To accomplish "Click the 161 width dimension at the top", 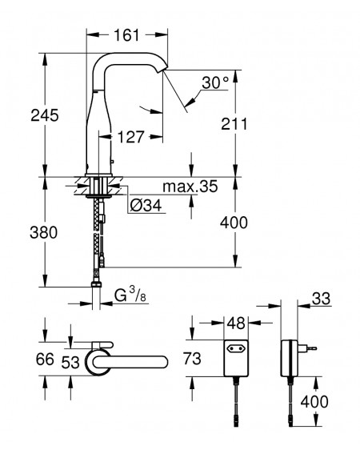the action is click(x=126, y=35).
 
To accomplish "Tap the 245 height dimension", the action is click(x=45, y=115).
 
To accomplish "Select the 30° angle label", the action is click(x=215, y=82).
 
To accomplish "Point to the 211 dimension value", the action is click(x=234, y=124).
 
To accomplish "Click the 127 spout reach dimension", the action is click(x=131, y=137).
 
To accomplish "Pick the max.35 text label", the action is click(x=190, y=187).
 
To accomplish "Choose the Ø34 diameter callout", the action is click(x=146, y=206).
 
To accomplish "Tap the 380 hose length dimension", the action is click(x=44, y=232).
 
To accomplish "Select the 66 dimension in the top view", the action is click(x=45, y=360).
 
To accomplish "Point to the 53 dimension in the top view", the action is click(x=70, y=363).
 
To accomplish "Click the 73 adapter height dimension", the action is click(x=192, y=359).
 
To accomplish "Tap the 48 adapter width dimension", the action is click(x=236, y=323).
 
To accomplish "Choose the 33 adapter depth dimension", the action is click(x=322, y=299).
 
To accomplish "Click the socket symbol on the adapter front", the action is click(x=236, y=348).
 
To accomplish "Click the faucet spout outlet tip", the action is click(x=162, y=70).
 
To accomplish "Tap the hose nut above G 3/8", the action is click(x=96, y=284).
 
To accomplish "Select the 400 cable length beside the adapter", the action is click(x=314, y=402).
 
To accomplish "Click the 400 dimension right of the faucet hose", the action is click(x=234, y=223).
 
